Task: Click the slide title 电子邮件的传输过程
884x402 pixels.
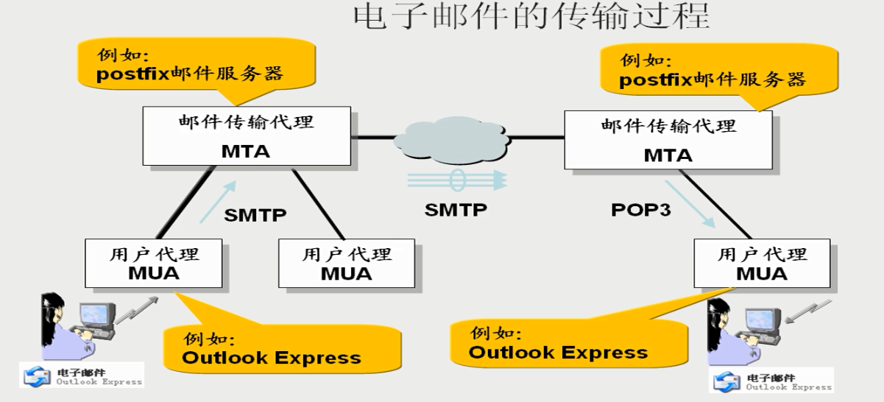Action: point(531,16)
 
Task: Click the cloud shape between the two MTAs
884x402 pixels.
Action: point(452,138)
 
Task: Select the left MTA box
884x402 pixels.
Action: point(246,136)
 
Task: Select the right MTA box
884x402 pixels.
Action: point(668,140)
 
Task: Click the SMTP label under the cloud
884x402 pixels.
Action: point(456,210)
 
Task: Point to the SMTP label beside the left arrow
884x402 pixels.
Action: point(255,215)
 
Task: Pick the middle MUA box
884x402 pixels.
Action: point(347,264)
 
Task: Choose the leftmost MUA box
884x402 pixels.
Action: point(154,263)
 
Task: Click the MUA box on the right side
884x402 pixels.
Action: point(762,263)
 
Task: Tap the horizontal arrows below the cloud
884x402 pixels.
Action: point(456,180)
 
